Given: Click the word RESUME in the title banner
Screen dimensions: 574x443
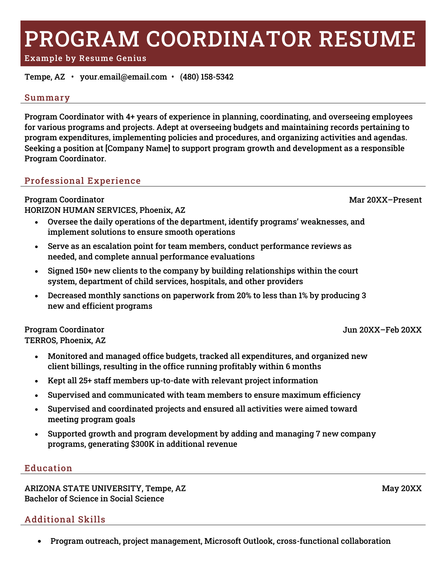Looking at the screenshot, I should (x=367, y=39).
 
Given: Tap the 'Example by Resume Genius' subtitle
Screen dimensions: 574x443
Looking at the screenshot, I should (x=85, y=58).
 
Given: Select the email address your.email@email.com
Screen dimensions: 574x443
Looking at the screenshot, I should (x=123, y=77).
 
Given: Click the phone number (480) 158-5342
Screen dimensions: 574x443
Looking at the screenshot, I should (x=207, y=77).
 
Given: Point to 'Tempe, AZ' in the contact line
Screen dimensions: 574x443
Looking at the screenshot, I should (x=45, y=77).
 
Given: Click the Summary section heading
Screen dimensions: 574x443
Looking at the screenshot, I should (x=47, y=98).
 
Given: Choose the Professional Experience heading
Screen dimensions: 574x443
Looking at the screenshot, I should (x=83, y=181).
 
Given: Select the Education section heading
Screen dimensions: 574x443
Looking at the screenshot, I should (x=48, y=468).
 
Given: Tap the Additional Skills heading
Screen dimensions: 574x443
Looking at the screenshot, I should (x=65, y=519).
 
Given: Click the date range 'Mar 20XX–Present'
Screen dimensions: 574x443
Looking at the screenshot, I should (x=385, y=200).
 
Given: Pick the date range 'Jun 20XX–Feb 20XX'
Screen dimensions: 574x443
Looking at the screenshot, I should (x=382, y=330).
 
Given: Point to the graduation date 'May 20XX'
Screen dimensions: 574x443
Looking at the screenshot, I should (x=402, y=488).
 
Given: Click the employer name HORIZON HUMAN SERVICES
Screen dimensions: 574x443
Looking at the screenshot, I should (x=80, y=210).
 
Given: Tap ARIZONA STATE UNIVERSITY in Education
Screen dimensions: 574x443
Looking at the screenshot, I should (x=84, y=488).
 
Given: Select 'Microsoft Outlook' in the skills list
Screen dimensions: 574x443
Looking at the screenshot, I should (x=238, y=541).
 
